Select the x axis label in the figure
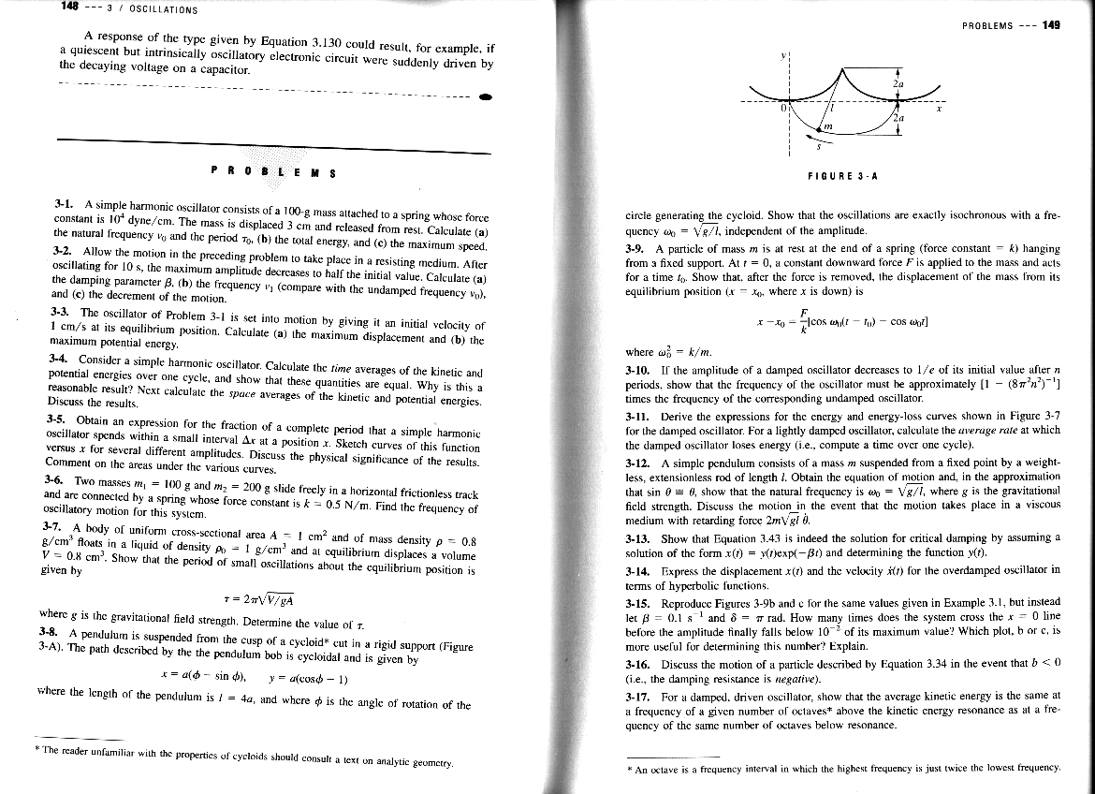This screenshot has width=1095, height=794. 937,111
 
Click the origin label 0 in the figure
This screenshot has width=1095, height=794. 786,110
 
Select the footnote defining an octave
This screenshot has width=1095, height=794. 842,769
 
